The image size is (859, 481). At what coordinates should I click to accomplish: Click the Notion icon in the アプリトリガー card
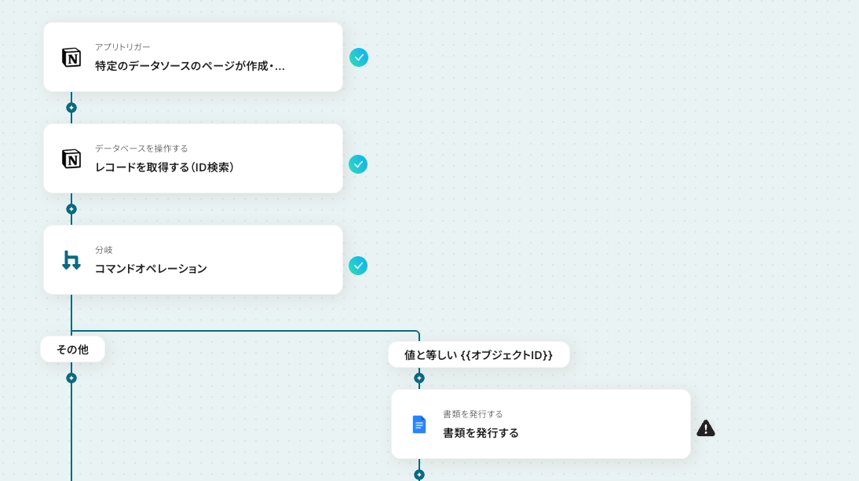click(x=71, y=57)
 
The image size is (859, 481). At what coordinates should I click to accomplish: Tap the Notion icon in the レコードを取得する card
click(x=71, y=159)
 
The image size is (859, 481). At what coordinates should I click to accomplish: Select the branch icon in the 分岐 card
click(x=71, y=260)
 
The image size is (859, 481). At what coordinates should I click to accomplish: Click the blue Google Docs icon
click(x=419, y=424)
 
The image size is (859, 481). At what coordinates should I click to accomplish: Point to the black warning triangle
click(x=706, y=428)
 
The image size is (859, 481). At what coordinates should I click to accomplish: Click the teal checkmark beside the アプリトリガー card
click(x=359, y=57)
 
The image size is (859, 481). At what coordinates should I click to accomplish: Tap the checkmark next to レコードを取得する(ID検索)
click(x=358, y=164)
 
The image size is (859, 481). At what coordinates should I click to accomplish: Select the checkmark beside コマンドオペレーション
click(x=358, y=266)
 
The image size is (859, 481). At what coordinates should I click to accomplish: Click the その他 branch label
click(x=72, y=349)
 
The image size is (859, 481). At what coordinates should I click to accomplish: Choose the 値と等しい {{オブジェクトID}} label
click(x=478, y=354)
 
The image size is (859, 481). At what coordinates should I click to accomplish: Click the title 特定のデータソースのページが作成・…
click(x=190, y=65)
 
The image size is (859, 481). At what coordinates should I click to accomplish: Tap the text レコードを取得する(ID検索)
click(x=164, y=167)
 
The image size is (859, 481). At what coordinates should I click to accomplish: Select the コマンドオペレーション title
click(x=151, y=268)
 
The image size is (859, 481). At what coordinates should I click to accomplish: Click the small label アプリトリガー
click(x=122, y=47)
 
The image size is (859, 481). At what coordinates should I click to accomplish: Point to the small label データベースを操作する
click(x=141, y=149)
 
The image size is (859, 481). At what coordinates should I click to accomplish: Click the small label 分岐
click(x=104, y=250)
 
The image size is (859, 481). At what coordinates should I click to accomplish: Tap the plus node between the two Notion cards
click(x=71, y=108)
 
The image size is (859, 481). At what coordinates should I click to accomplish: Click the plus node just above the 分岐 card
click(x=71, y=209)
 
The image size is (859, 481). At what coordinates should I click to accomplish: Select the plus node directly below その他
click(x=71, y=378)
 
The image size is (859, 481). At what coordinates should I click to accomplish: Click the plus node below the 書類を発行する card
click(x=419, y=475)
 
